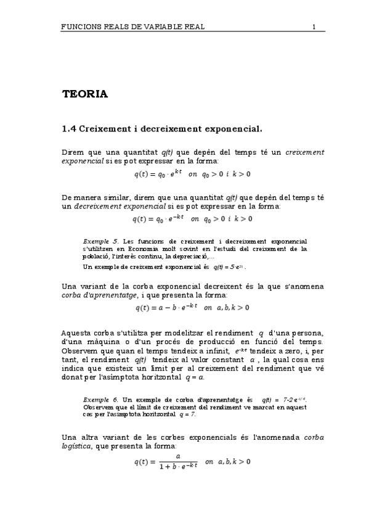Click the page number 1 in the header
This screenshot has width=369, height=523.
click(x=314, y=27)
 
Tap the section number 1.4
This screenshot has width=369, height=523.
click(x=69, y=129)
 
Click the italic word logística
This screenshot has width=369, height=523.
click(x=79, y=446)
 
